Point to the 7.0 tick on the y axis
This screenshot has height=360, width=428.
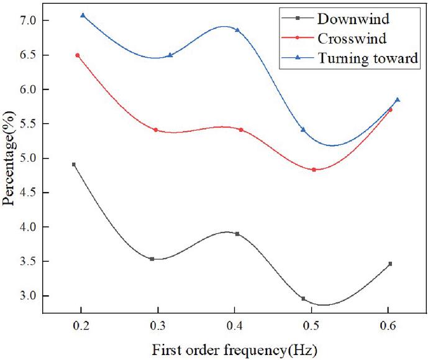click(29, 21)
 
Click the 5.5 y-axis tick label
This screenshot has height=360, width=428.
click(29, 124)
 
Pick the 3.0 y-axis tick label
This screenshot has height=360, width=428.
click(29, 295)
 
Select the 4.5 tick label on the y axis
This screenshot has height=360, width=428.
click(29, 193)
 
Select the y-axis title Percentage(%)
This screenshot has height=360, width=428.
click(9, 157)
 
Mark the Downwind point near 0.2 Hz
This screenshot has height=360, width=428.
click(74, 164)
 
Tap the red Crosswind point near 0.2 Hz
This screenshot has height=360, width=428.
click(78, 55)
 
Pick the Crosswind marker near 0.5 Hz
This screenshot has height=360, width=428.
click(314, 170)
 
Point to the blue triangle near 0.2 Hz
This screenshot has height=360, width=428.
click(83, 15)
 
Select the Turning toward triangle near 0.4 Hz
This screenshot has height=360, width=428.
click(237, 30)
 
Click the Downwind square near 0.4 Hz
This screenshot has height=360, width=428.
click(237, 234)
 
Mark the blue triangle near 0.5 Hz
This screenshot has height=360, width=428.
click(303, 129)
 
